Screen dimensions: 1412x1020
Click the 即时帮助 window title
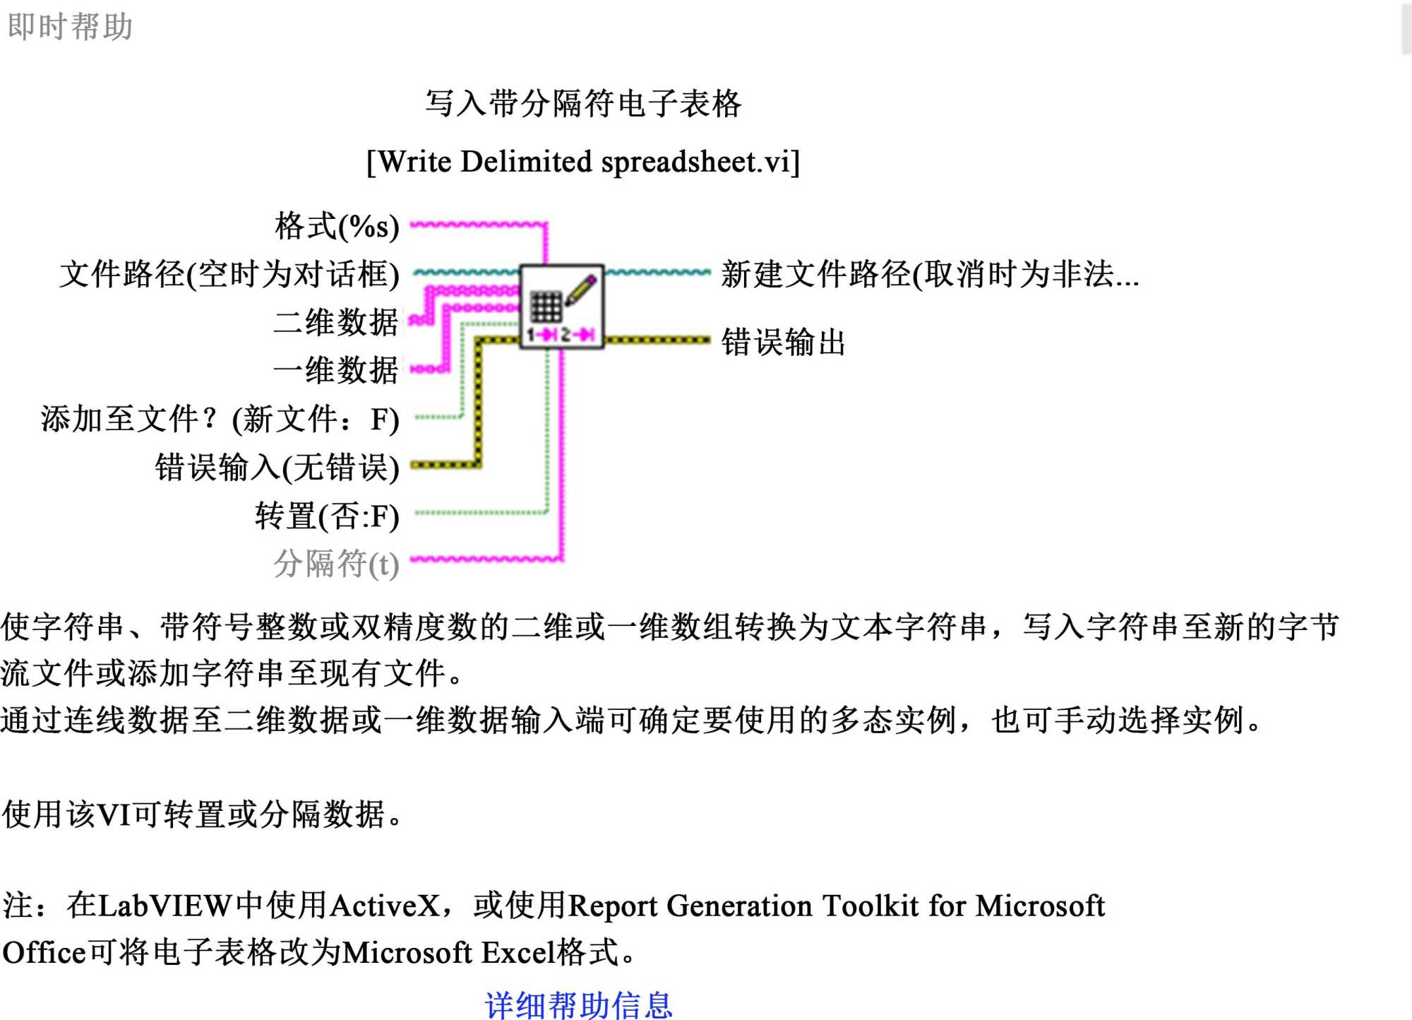coord(70,27)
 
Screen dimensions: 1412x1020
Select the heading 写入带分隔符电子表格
coord(583,104)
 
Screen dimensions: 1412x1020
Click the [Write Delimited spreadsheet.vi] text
coord(583,162)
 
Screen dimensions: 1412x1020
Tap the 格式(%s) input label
coord(337,227)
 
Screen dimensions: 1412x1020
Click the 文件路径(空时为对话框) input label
coord(229,274)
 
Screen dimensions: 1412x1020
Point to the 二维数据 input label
coord(336,322)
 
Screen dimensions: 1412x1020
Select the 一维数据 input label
coord(336,370)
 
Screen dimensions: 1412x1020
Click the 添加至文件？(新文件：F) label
coord(220,419)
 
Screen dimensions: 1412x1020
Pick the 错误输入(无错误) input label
coord(277,467)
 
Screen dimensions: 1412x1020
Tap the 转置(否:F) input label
coord(327,516)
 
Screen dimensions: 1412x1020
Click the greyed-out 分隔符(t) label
coord(336,564)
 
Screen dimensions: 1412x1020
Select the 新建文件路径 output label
coord(929,274)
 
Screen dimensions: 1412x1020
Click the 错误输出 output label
coord(783,342)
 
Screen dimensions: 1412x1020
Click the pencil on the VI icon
coord(581,290)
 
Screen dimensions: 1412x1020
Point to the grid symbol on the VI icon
coord(546,306)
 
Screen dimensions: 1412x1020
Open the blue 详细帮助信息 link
coord(578,1004)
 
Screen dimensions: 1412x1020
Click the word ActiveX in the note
coord(385,906)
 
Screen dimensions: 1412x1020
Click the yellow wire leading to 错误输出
coord(657,340)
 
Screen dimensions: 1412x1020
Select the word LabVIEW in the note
coord(164,906)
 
